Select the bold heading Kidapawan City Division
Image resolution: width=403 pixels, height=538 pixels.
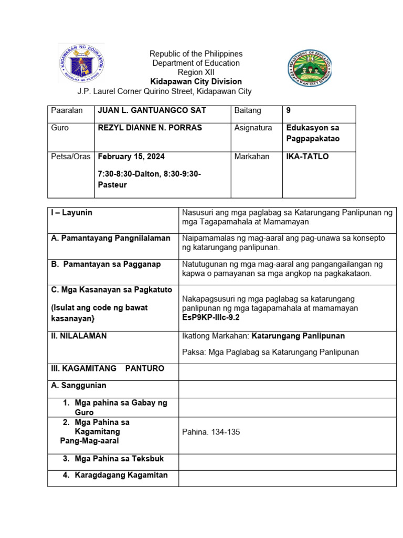196,81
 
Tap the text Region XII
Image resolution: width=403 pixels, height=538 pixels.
196,73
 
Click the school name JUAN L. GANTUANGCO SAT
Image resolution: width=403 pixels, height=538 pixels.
152,110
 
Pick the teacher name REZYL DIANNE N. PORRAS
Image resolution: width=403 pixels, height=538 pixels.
150,128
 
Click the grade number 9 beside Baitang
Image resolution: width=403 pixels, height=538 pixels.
289,110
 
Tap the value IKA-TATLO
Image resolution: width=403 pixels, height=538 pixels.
307,157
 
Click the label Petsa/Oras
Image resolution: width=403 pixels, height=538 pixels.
71,157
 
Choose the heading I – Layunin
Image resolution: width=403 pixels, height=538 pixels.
72,212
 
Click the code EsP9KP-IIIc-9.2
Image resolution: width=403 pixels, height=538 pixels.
211,317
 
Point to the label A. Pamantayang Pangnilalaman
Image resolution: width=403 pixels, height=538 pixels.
111,238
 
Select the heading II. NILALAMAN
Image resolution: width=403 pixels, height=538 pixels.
79,336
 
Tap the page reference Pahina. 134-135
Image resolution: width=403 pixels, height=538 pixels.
211,432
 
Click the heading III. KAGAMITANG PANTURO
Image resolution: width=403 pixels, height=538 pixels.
108,368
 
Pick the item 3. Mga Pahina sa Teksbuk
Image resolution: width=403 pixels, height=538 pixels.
113,459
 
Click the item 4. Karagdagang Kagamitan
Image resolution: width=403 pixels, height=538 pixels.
115,475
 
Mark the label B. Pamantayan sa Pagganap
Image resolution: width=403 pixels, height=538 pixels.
106,264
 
